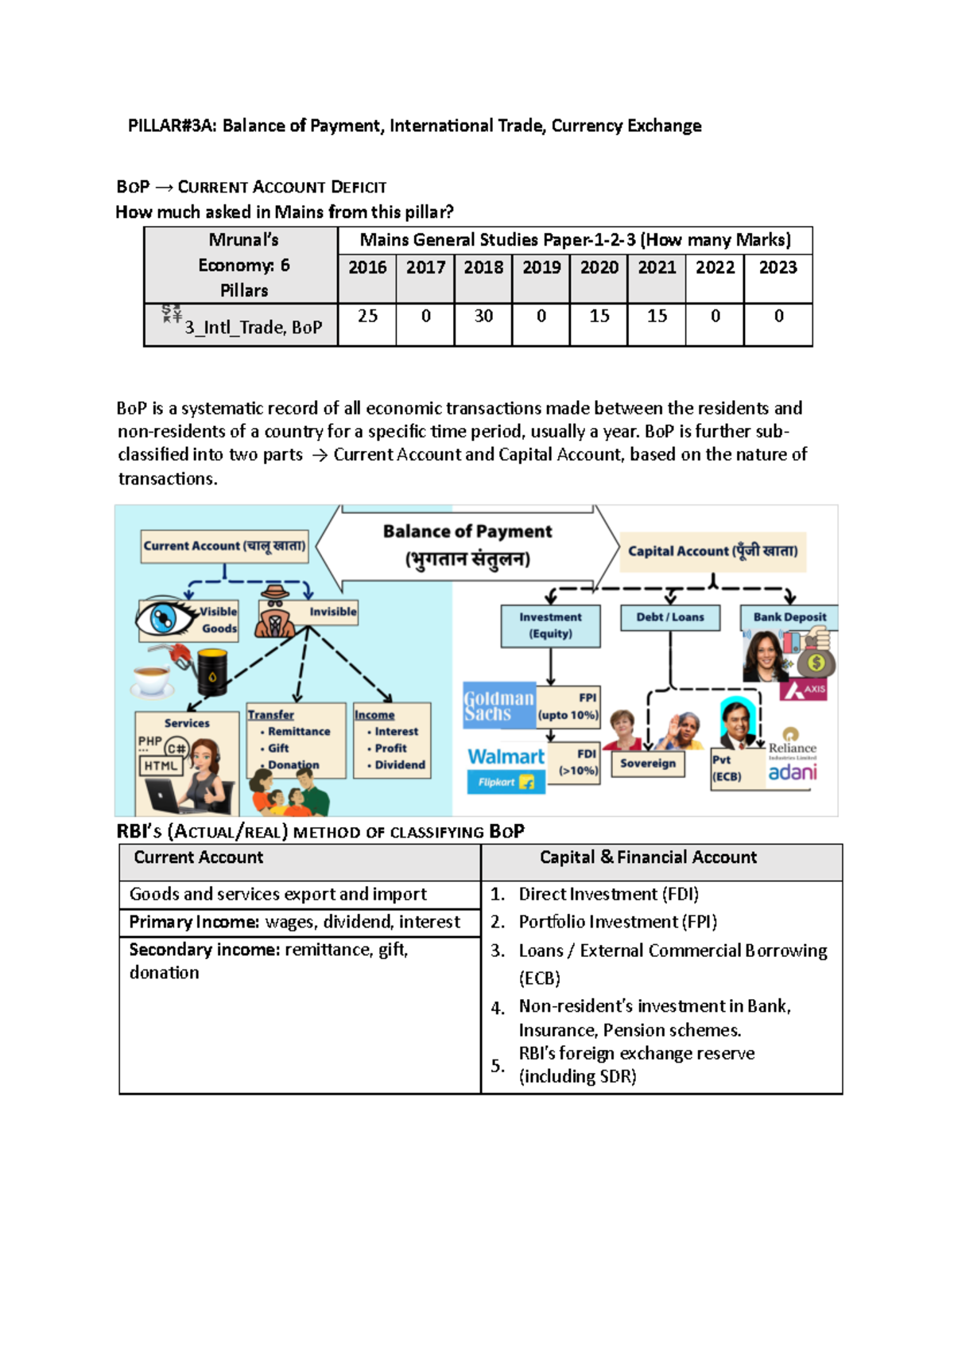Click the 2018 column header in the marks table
[483, 268]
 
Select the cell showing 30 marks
[483, 317]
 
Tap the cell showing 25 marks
[367, 317]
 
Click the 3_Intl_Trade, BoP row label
[242, 325]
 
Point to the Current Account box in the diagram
[224, 546]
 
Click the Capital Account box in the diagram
[712, 551]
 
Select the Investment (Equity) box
[550, 626]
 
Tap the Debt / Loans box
[670, 617]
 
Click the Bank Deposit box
[789, 617]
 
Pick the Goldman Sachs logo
[498, 706]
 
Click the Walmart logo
[506, 757]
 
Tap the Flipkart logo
[506, 783]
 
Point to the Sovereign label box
[648, 764]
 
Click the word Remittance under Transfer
[299, 732]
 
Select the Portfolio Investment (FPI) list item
[618, 922]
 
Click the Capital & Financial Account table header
[648, 857]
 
